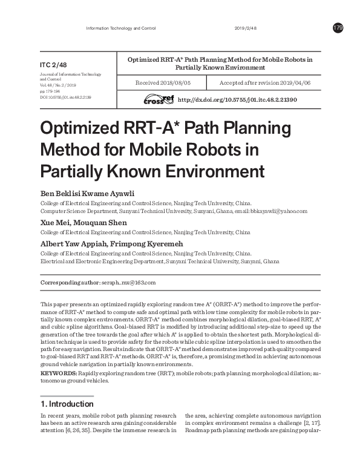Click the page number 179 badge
point(338,28)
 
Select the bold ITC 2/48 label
point(54,64)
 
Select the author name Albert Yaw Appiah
point(71,243)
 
